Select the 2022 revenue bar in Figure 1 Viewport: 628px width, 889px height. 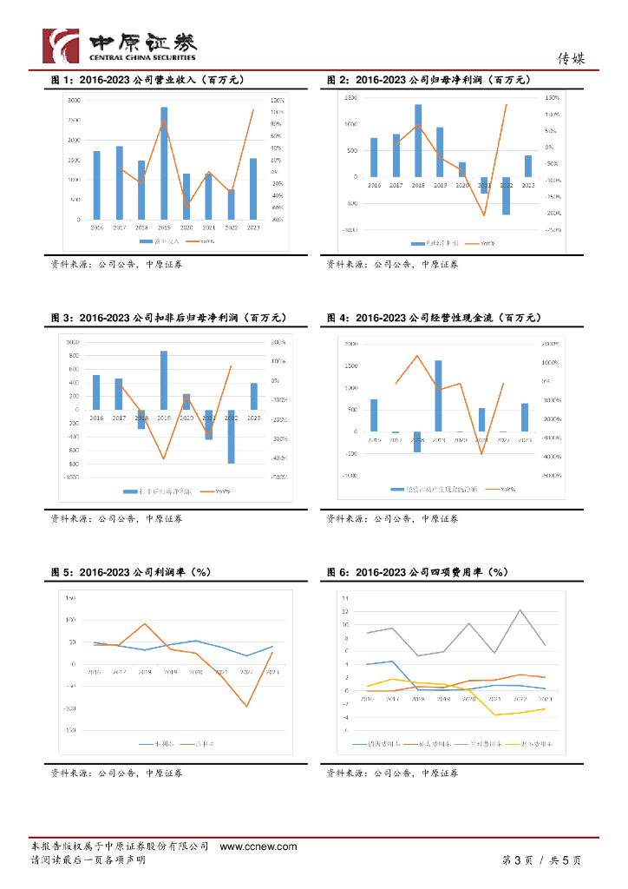[231, 204]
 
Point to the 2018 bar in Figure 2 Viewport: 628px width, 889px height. [418, 141]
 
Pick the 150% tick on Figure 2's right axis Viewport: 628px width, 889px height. [552, 98]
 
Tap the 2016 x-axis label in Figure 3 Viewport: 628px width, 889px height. [95, 418]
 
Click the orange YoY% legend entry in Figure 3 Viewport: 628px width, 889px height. [216, 491]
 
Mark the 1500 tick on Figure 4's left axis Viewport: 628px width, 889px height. [351, 365]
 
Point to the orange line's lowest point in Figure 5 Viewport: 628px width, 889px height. [247, 706]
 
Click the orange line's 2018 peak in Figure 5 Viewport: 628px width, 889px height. [146, 624]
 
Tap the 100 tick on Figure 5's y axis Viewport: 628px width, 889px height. [71, 620]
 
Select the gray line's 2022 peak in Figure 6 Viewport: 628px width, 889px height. [520, 609]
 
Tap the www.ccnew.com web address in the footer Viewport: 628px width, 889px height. [258, 846]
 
